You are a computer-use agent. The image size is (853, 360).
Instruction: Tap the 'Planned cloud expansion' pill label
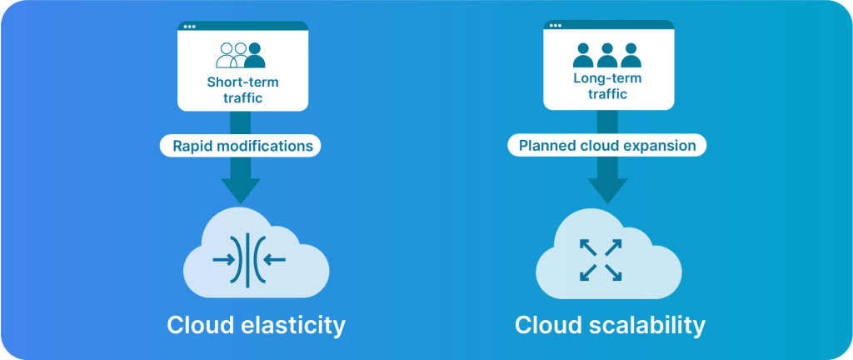tap(607, 146)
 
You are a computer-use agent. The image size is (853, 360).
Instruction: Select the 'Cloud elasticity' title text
tap(256, 326)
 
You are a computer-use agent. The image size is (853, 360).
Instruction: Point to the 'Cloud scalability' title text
tap(610, 326)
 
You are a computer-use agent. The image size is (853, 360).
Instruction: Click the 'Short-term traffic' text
tap(242, 90)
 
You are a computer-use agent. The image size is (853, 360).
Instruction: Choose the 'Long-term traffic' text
tap(607, 86)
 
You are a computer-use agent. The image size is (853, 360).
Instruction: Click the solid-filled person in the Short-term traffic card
tap(255, 55)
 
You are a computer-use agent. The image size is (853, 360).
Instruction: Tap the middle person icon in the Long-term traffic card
tap(607, 55)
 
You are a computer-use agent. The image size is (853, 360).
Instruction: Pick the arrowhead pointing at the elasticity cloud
tap(241, 191)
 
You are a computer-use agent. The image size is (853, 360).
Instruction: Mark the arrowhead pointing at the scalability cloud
tap(607, 191)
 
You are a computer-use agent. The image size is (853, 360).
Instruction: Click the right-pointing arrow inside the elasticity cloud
tap(223, 260)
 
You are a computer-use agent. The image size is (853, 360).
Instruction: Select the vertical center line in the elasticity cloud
tap(247, 260)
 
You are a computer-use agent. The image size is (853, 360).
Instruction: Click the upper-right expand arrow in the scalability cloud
tap(614, 247)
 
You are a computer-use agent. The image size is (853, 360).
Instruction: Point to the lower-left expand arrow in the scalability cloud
tap(588, 273)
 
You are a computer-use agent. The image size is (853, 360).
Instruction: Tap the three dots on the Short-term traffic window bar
tap(189, 26)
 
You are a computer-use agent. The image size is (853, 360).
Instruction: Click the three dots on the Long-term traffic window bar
tap(556, 26)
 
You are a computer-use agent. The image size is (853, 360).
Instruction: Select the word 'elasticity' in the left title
tap(293, 326)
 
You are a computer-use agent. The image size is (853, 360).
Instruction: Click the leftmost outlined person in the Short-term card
tap(227, 55)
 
